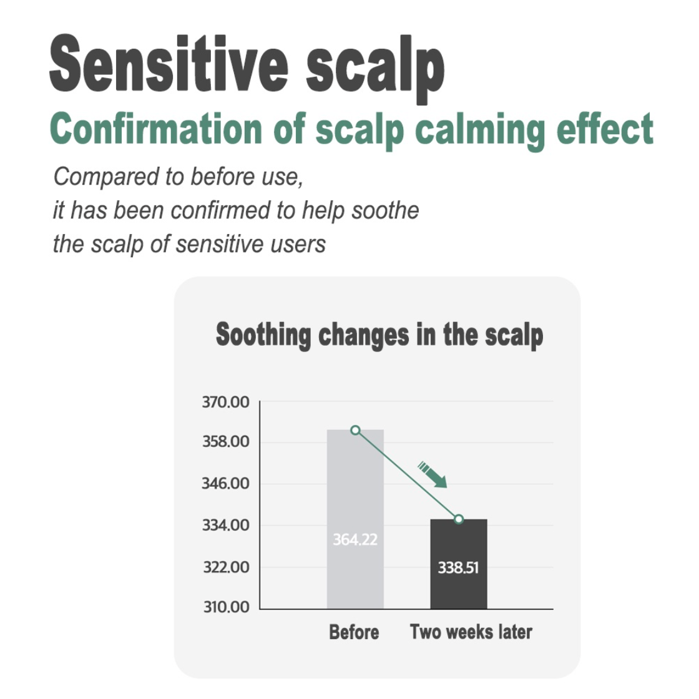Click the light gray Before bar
pyautogui.click(x=355, y=519)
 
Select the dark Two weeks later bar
pyautogui.click(x=459, y=564)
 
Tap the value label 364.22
pyautogui.click(x=355, y=539)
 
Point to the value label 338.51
pyautogui.click(x=458, y=567)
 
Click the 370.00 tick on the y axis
pyautogui.click(x=225, y=402)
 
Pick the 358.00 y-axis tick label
pyautogui.click(x=225, y=441)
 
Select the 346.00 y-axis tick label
pyautogui.click(x=225, y=483)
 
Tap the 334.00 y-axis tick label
pyautogui.click(x=225, y=525)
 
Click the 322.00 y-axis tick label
pyautogui.click(x=226, y=567)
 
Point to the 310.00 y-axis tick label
pyautogui.click(x=226, y=607)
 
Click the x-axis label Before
pyautogui.click(x=354, y=632)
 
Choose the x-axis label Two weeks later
pyautogui.click(x=471, y=632)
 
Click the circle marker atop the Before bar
pyautogui.click(x=355, y=430)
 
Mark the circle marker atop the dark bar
pyautogui.click(x=459, y=519)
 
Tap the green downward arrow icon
pyautogui.click(x=432, y=475)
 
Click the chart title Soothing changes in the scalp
pyautogui.click(x=379, y=335)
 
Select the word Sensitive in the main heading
pyautogui.click(x=169, y=63)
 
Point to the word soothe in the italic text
pyautogui.click(x=385, y=210)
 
